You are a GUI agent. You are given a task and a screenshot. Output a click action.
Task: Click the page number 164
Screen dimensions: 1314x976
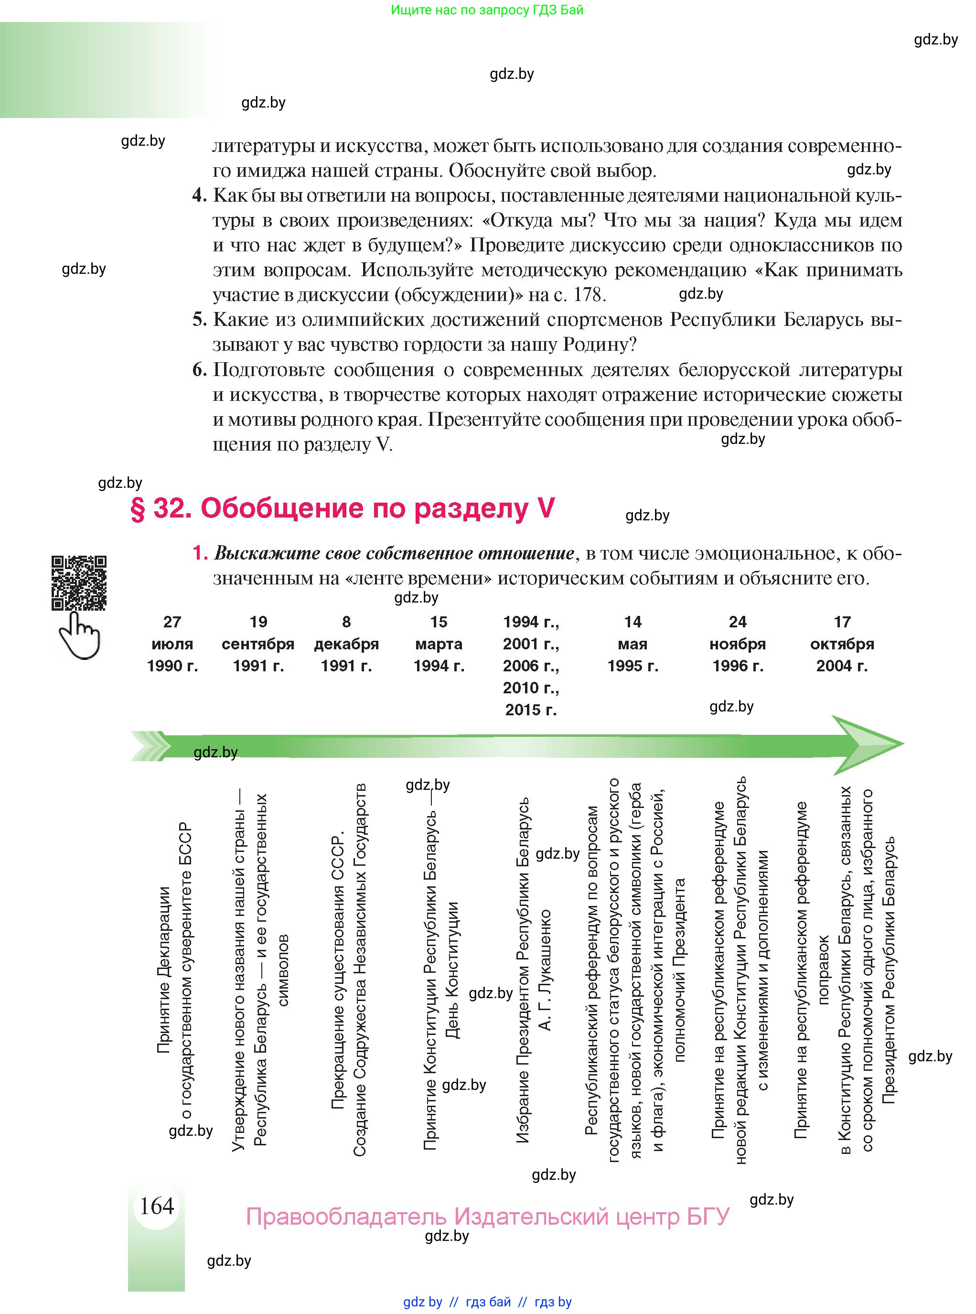(x=157, y=1205)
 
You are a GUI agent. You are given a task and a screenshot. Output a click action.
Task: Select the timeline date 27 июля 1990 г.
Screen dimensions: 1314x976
(x=172, y=644)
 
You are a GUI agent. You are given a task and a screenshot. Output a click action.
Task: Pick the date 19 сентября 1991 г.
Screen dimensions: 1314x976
(x=258, y=644)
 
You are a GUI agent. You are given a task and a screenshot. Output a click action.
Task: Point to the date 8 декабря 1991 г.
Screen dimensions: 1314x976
(x=346, y=644)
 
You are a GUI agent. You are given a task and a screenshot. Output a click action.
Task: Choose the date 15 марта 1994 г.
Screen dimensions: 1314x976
(x=439, y=644)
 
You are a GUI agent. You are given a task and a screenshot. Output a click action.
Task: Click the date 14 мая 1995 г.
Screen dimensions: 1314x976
(x=632, y=644)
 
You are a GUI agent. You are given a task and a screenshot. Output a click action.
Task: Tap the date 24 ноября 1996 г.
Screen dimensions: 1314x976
(x=737, y=644)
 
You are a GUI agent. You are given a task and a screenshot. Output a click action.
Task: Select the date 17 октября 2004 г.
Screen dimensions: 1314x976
(x=842, y=644)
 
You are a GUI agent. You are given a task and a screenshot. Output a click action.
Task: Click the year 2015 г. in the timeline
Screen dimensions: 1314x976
(x=531, y=710)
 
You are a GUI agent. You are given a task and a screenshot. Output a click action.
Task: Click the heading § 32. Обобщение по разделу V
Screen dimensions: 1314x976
(x=342, y=508)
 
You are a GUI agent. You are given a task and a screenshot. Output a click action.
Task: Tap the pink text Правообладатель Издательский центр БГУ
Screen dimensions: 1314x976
(x=487, y=1217)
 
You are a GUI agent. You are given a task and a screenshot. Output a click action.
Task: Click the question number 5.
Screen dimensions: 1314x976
(x=199, y=320)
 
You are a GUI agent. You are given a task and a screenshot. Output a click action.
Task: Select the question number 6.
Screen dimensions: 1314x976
(x=199, y=370)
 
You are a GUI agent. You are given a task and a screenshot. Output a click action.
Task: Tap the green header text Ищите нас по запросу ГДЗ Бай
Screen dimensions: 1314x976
(x=487, y=10)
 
